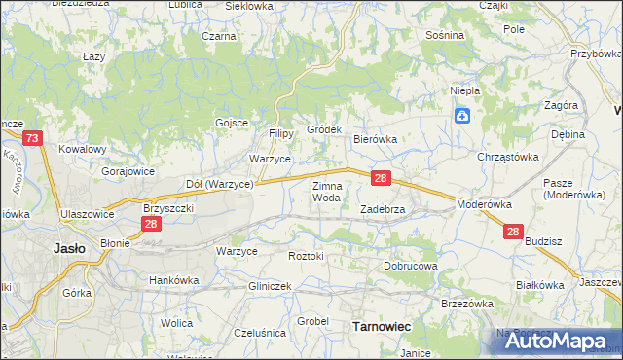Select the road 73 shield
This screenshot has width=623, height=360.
coord(33,140)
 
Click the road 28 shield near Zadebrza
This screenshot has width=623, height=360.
coord(382,179)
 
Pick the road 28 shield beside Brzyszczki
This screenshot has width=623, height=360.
coord(151,224)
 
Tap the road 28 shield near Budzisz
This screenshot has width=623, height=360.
coord(513,232)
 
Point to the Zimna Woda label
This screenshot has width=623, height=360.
coord(326,192)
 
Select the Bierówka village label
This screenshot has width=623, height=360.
coord(375,140)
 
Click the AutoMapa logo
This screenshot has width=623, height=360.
coord(551,342)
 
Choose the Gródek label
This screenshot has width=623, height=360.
coord(324,129)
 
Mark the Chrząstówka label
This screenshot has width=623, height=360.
coord(507,156)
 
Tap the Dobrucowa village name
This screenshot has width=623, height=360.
coord(411,265)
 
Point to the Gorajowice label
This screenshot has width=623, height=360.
coord(128,170)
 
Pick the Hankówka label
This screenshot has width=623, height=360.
coord(173,280)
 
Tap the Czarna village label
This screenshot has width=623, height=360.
coord(220,36)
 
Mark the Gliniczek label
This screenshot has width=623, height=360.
coord(271,286)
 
